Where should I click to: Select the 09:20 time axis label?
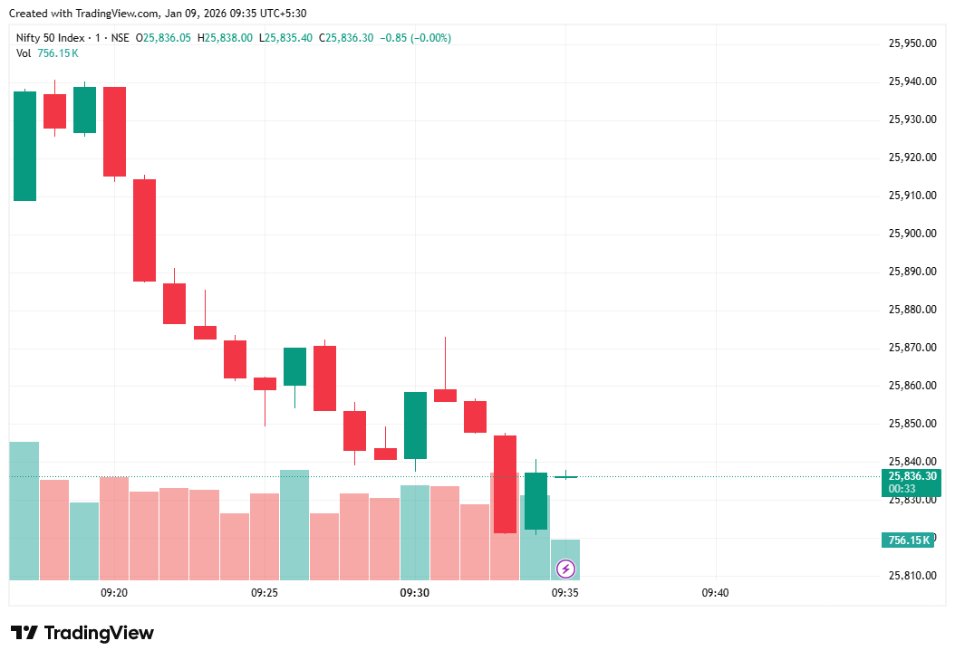pyautogui.click(x=113, y=593)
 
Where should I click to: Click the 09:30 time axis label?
pyautogui.click(x=414, y=593)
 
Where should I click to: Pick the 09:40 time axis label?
pyautogui.click(x=715, y=593)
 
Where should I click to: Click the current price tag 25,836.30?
pyautogui.click(x=911, y=476)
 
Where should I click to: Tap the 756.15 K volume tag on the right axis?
pyautogui.click(x=908, y=540)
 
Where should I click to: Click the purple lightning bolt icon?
pyautogui.click(x=565, y=569)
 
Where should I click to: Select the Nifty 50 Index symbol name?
pyautogui.click(x=51, y=38)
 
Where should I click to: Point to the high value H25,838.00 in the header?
pyautogui.click(x=227, y=38)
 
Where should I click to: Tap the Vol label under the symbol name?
pyautogui.click(x=24, y=53)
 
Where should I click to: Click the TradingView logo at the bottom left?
pyautogui.click(x=82, y=633)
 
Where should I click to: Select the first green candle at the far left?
pyautogui.click(x=24, y=146)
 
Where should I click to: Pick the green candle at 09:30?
pyautogui.click(x=415, y=426)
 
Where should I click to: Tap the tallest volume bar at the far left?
pyautogui.click(x=24, y=511)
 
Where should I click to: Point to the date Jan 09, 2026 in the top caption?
pyautogui.click(x=197, y=14)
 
